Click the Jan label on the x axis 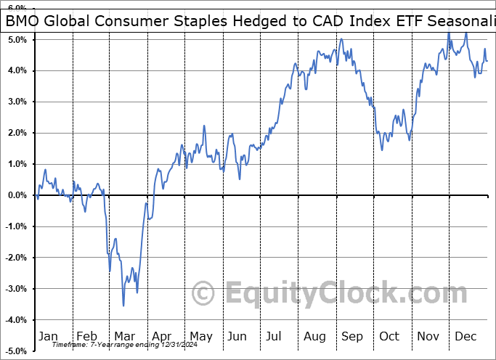click(x=48, y=336)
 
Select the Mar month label click(x=124, y=336)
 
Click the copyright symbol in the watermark click(x=203, y=294)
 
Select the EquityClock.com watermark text click(x=334, y=294)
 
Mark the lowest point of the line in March click(x=123, y=306)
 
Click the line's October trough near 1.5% click(x=383, y=150)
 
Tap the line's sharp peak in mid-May click(x=204, y=126)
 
